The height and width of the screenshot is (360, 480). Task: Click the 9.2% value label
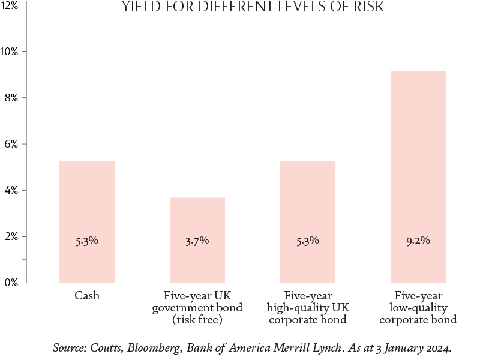click(418, 241)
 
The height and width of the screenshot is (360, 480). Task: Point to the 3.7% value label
click(197, 241)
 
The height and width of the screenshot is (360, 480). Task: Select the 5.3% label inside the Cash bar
click(87, 241)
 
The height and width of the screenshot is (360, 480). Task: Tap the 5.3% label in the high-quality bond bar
click(307, 241)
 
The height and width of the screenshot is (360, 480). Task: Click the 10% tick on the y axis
click(10, 51)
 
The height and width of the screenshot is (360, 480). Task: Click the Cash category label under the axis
click(87, 296)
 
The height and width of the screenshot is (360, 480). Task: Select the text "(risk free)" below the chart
click(197, 320)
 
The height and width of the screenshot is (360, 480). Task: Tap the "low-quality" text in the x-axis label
click(418, 308)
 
